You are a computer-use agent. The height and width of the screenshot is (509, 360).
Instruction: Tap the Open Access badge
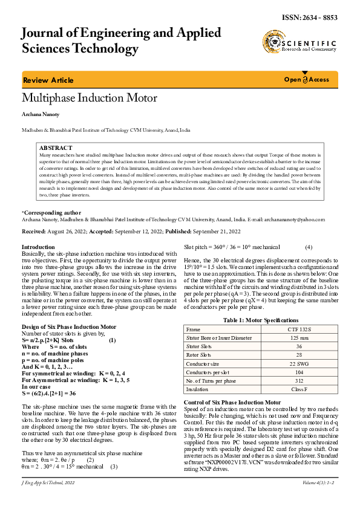point(307,80)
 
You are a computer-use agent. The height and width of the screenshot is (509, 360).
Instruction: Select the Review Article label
point(48,80)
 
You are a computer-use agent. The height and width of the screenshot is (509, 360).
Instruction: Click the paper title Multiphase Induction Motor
point(90,98)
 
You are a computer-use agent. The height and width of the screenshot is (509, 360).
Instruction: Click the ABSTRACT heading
point(56,148)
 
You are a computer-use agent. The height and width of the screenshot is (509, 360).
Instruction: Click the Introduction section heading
point(38,247)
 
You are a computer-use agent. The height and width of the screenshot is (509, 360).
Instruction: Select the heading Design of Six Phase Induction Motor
point(69,326)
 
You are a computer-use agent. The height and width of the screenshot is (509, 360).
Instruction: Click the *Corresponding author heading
point(51,213)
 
